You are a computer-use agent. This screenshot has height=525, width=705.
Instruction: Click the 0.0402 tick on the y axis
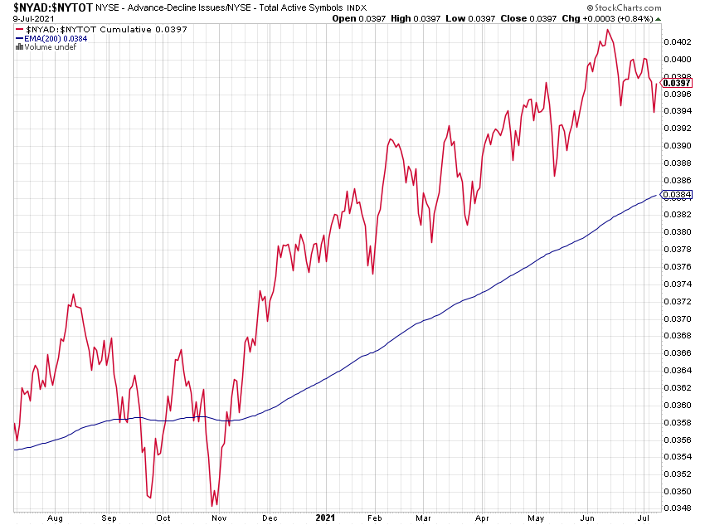pos(678,41)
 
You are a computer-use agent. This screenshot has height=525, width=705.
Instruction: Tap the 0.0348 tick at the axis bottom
pos(678,508)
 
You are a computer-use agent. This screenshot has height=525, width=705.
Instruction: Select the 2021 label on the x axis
pos(326,518)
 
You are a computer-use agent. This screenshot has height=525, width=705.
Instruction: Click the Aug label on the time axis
pos(56,518)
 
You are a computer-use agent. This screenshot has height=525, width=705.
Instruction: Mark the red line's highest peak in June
pos(608,30)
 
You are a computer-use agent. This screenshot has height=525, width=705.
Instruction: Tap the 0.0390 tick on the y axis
pos(678,145)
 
